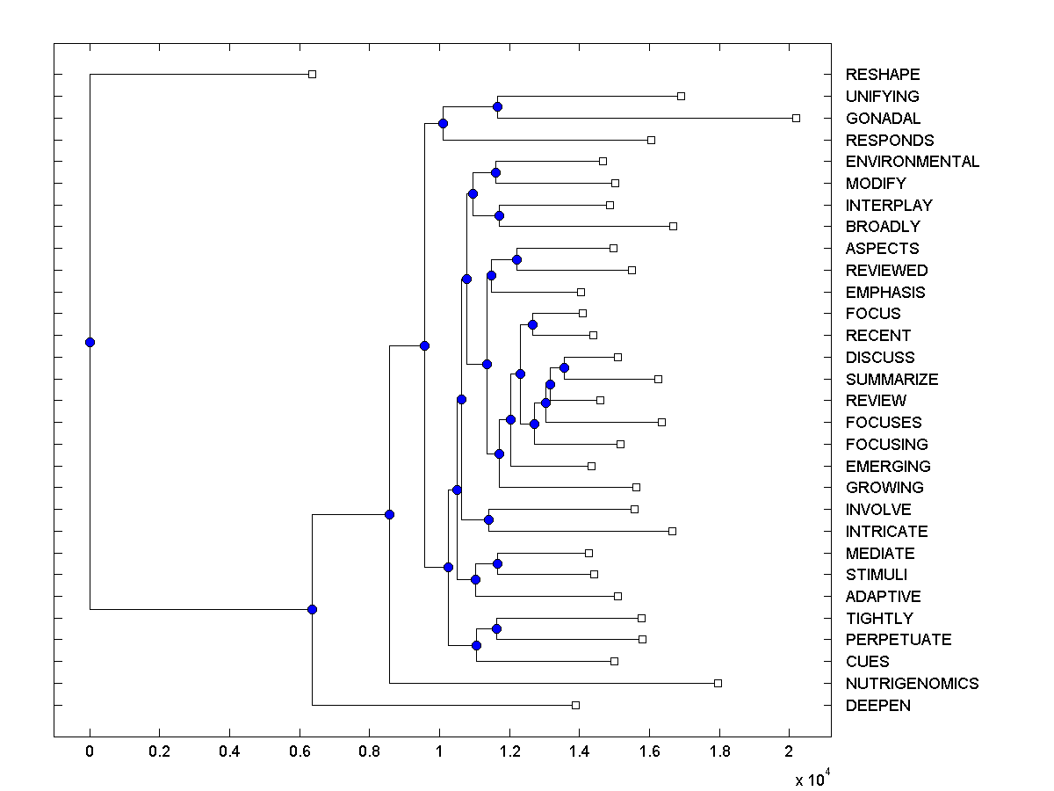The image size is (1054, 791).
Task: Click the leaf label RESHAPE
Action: click(x=883, y=75)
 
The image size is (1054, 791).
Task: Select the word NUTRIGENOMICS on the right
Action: click(x=912, y=684)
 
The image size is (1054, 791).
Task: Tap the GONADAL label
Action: click(x=883, y=119)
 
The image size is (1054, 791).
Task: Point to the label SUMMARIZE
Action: click(x=892, y=380)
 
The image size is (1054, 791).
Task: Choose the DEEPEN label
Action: click(x=877, y=706)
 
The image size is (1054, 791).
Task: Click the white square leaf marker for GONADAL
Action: click(x=796, y=118)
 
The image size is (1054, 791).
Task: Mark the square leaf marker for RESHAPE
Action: click(x=312, y=75)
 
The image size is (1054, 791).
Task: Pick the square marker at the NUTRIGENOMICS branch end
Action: click(x=718, y=683)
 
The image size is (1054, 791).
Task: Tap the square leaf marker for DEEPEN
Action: click(x=575, y=705)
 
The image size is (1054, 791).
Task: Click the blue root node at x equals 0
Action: click(x=90, y=342)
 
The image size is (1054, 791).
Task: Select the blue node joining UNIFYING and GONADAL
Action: click(x=497, y=106)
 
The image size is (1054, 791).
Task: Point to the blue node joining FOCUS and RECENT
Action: click(x=532, y=324)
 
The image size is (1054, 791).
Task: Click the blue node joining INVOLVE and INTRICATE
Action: click(x=488, y=519)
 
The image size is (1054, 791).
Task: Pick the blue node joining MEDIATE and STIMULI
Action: click(x=497, y=563)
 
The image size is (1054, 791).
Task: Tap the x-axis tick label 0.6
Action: click(x=300, y=752)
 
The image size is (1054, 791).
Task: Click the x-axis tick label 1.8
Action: click(x=718, y=752)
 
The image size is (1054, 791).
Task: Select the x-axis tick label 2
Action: click(x=789, y=752)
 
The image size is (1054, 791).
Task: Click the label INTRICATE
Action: click(x=886, y=532)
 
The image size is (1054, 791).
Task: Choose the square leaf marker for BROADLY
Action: click(x=673, y=227)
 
